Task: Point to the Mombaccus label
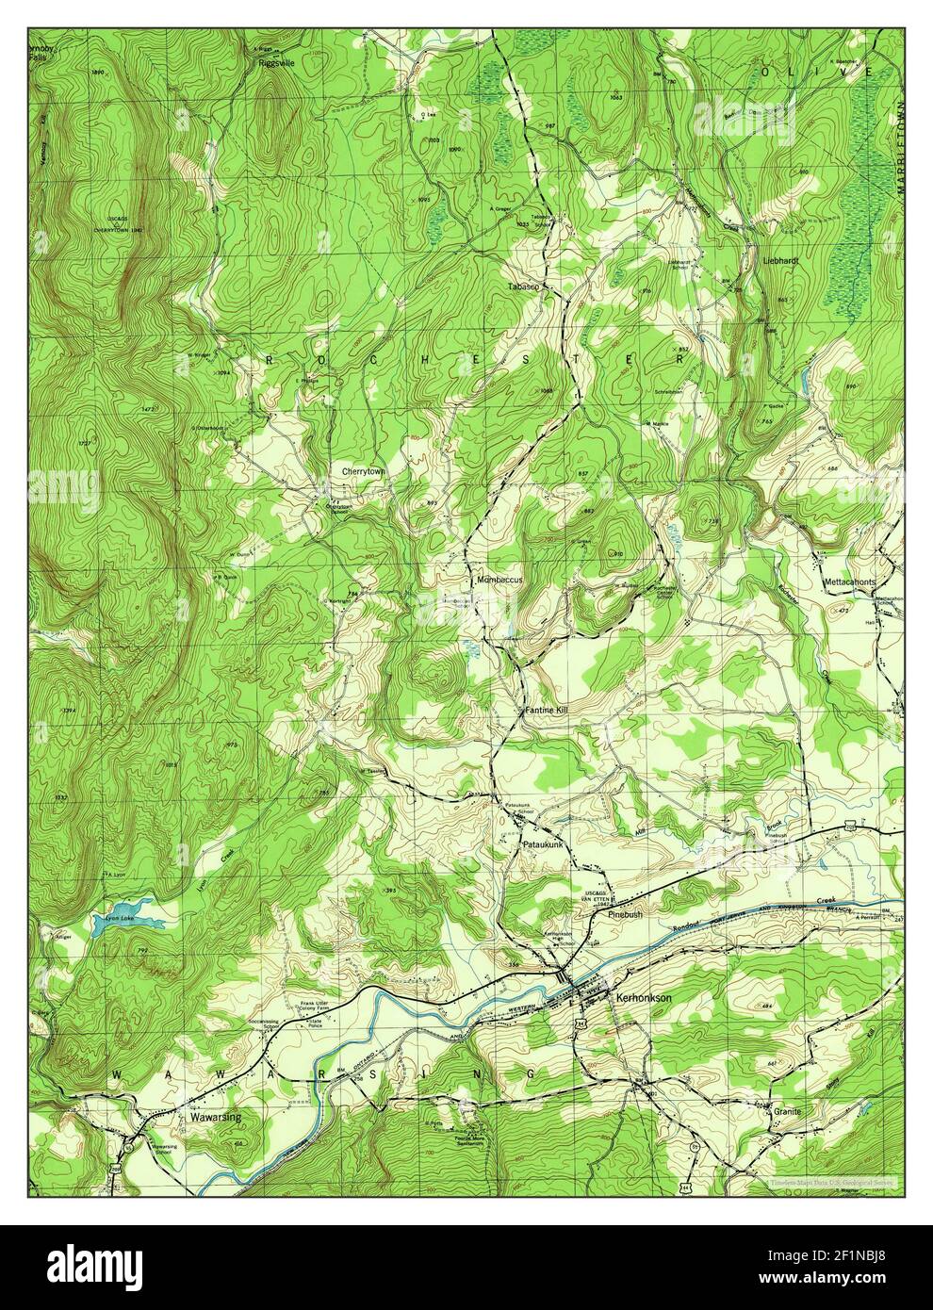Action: pos(499,580)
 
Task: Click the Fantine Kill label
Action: pos(547,709)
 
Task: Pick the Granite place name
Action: pos(787,1111)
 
